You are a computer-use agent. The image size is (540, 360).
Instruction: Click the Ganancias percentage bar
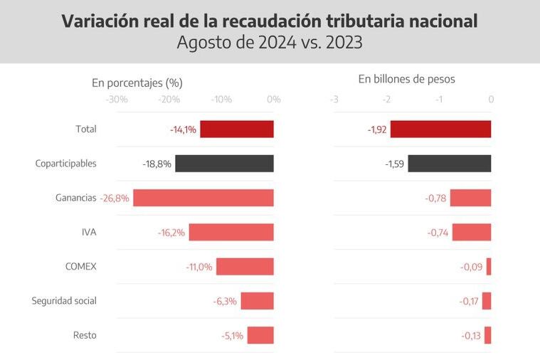(203, 198)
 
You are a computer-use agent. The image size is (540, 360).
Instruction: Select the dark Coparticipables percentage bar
(224, 164)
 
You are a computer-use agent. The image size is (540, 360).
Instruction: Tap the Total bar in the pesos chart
(440, 129)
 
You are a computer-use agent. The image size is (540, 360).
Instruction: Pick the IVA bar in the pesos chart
(472, 232)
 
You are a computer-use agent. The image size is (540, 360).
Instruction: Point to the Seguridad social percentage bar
(257, 301)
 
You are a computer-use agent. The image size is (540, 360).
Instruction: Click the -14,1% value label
(183, 129)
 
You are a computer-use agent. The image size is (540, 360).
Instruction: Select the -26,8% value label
(115, 198)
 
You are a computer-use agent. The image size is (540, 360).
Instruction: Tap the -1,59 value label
(394, 164)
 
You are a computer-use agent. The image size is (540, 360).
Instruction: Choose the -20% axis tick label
(169, 99)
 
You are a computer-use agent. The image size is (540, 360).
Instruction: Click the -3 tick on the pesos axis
(334, 99)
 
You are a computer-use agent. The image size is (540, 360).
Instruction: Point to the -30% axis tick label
(116, 99)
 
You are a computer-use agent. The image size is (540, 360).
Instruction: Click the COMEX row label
(80, 267)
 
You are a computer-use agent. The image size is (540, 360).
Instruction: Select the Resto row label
(85, 335)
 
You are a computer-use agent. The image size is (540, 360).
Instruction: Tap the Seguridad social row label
(64, 301)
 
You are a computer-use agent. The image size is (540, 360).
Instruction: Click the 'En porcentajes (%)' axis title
(137, 83)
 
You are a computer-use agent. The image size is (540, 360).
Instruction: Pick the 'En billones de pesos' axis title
(406, 79)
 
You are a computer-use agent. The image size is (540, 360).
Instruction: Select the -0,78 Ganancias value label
(435, 198)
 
